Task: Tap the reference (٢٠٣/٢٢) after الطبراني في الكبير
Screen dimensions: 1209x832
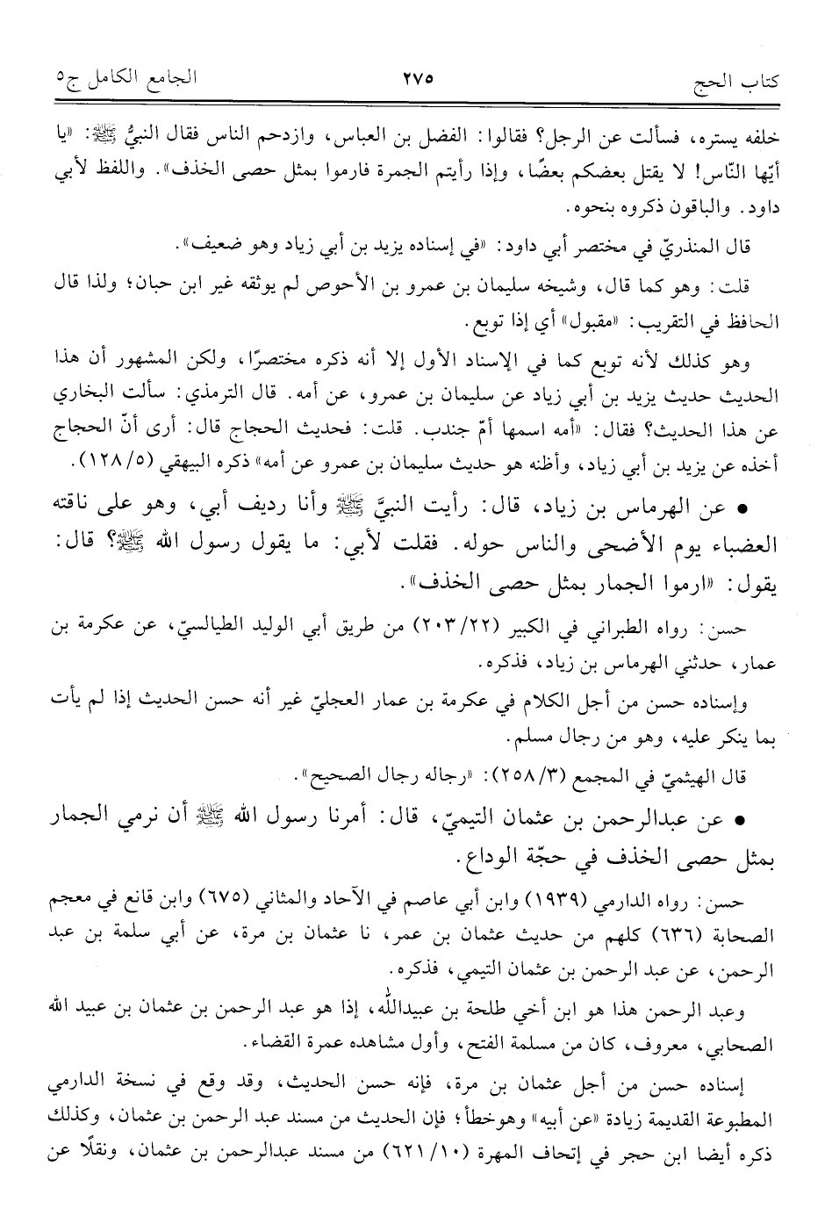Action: (x=503, y=624)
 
